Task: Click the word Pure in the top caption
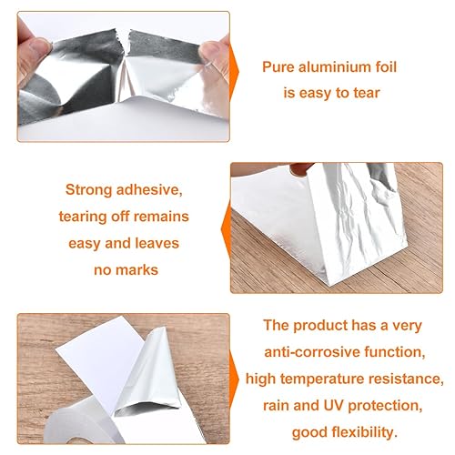point(278,67)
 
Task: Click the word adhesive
point(149,190)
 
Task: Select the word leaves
point(157,243)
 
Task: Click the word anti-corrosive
point(312,352)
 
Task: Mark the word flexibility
point(365,433)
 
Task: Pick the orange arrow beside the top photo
point(234,72)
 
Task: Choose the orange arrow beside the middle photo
point(227,229)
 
